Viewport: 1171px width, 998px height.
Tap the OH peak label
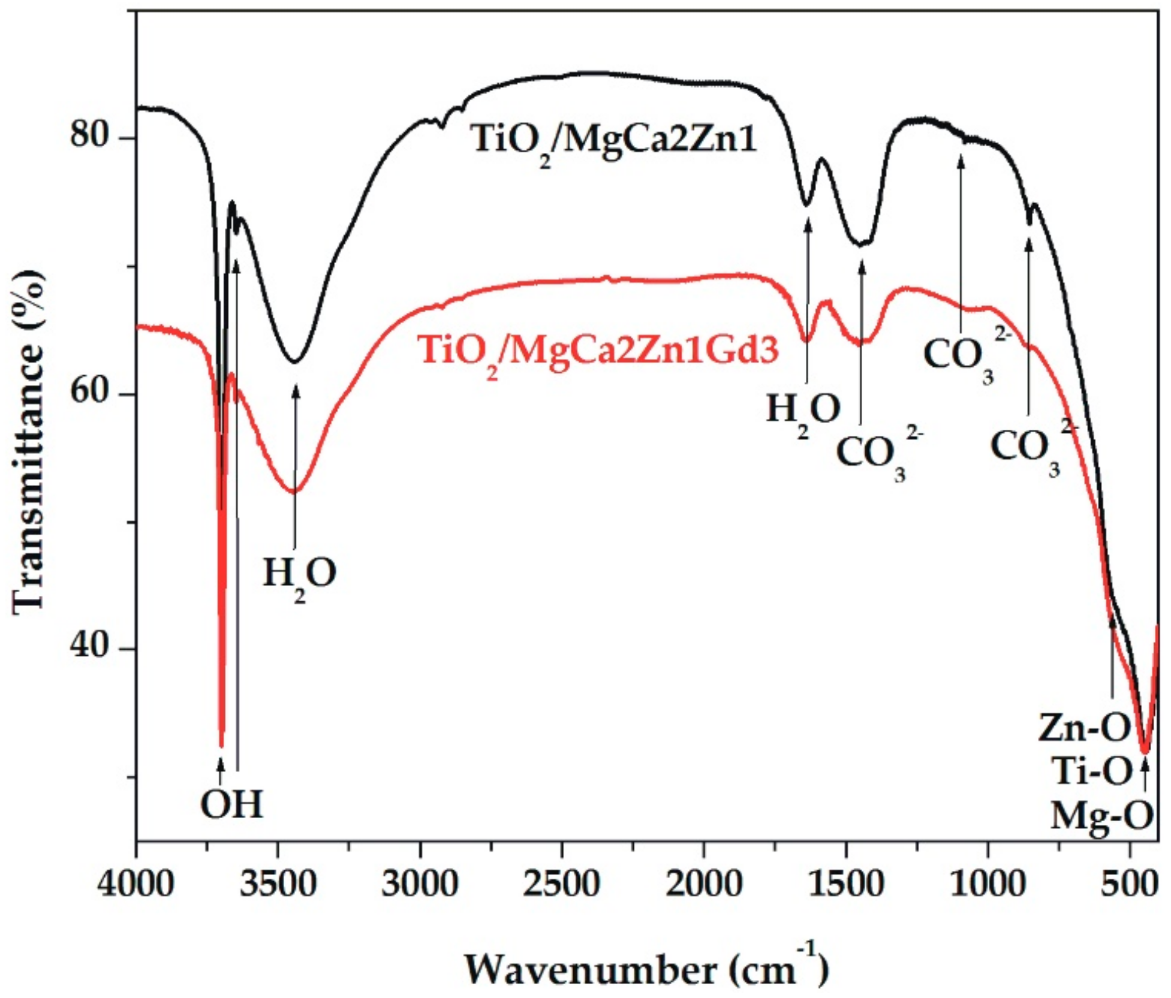(x=231, y=804)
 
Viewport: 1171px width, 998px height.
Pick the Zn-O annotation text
(x=1084, y=728)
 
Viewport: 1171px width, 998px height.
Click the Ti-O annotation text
(x=1092, y=771)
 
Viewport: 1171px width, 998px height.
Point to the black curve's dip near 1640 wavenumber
(x=807, y=204)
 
